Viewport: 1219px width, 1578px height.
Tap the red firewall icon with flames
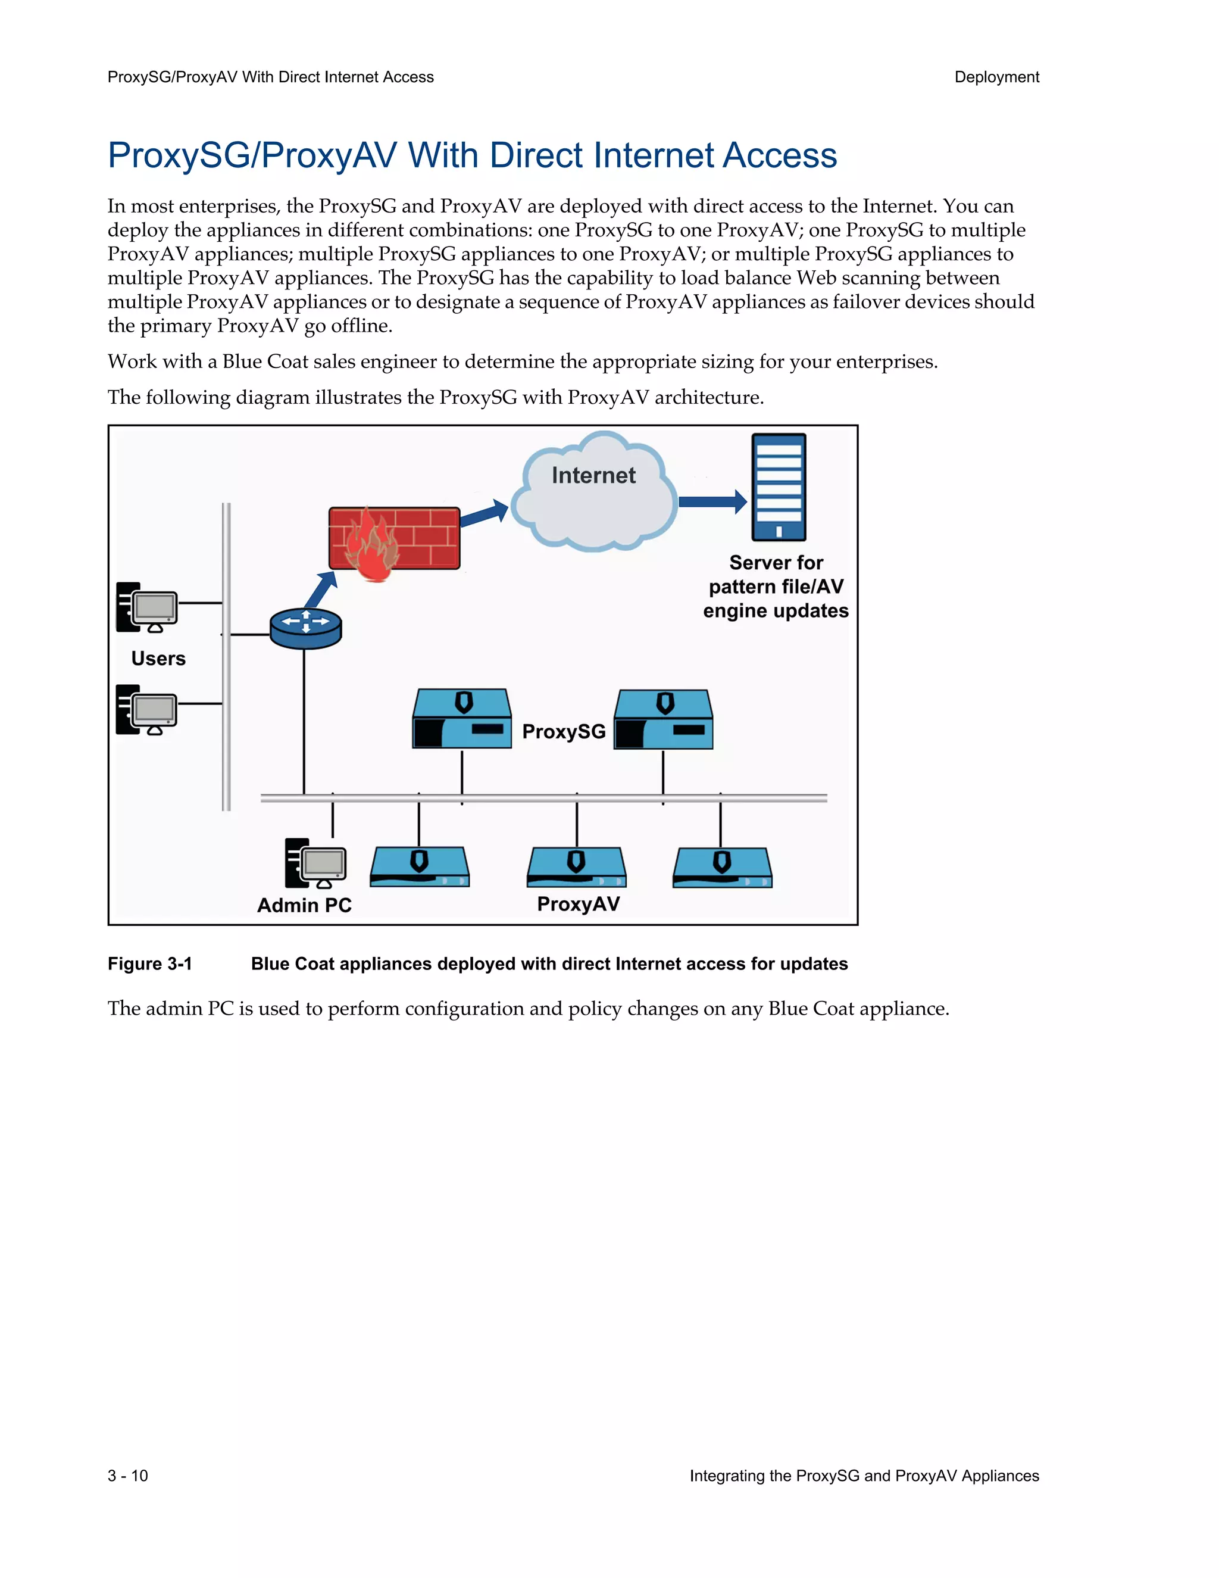(x=393, y=539)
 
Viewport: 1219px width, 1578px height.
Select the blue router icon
(x=305, y=626)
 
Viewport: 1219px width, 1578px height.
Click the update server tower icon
(x=779, y=487)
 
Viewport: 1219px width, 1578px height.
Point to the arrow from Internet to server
(x=712, y=501)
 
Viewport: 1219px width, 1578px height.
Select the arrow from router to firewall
(x=321, y=589)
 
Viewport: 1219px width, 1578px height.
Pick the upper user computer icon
(x=146, y=607)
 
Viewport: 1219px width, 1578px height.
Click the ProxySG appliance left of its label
(x=461, y=719)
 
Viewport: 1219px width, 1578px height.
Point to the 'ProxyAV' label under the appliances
(x=578, y=904)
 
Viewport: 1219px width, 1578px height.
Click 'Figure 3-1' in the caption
(x=149, y=964)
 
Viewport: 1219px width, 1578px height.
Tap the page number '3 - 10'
(x=128, y=1476)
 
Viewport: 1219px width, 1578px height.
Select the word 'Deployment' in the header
(x=996, y=77)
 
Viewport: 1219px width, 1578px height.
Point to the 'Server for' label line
(x=776, y=562)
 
